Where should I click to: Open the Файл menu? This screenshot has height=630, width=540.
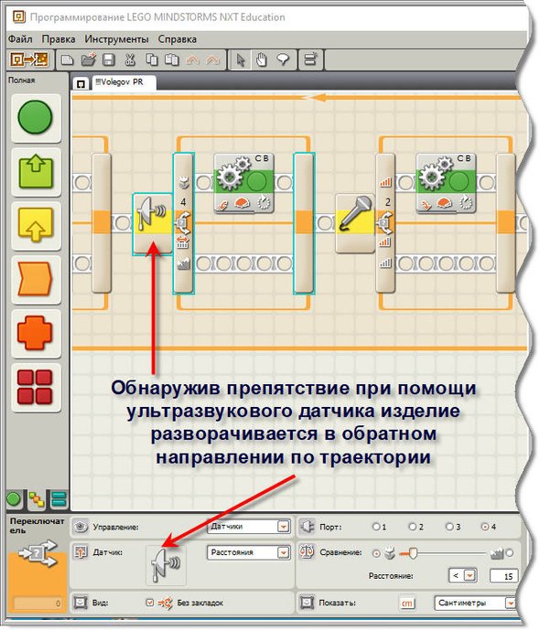[20, 39]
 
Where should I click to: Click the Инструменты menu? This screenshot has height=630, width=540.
[116, 39]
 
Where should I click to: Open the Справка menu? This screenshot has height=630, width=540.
[178, 39]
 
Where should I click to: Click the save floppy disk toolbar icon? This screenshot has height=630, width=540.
[109, 59]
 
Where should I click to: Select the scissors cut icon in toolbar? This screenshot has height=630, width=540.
[130, 59]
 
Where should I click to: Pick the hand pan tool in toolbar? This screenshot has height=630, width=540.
[262, 59]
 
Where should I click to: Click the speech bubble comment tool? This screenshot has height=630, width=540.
[284, 59]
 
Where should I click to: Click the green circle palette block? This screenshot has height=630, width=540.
[36, 117]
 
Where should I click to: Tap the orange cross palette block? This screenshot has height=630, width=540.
[36, 333]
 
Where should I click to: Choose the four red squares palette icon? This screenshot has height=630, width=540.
[36, 387]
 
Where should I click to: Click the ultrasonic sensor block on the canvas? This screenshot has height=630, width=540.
[153, 223]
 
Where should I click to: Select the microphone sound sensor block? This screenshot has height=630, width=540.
[355, 223]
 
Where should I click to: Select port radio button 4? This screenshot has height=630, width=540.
[484, 527]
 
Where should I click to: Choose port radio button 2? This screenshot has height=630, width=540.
[412, 527]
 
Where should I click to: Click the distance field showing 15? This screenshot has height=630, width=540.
[503, 576]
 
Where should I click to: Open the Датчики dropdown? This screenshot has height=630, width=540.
[249, 527]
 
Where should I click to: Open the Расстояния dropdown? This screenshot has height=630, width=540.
[249, 552]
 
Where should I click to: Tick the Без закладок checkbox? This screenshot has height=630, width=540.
[150, 603]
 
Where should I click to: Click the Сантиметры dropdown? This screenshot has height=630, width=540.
[475, 603]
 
